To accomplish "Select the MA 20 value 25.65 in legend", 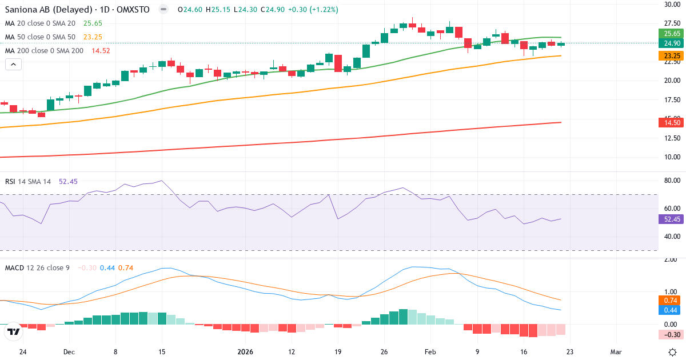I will tap(93, 23).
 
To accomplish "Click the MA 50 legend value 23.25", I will tap(93, 37).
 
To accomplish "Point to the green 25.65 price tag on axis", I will tap(672, 34).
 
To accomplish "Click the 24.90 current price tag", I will tap(672, 43).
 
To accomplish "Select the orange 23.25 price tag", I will tap(672, 56).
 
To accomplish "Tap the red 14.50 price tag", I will tap(672, 122).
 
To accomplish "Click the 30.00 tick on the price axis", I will tap(672, 5).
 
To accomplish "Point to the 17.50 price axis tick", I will tap(672, 100).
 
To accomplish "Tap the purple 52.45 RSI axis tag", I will tap(672, 219).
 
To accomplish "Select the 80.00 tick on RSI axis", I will tap(672, 181).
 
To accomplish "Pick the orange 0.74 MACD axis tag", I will tap(672, 301).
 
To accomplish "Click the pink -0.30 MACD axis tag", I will tap(672, 335).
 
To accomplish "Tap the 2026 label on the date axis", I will tap(245, 351).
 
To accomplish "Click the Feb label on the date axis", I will tap(430, 351).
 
